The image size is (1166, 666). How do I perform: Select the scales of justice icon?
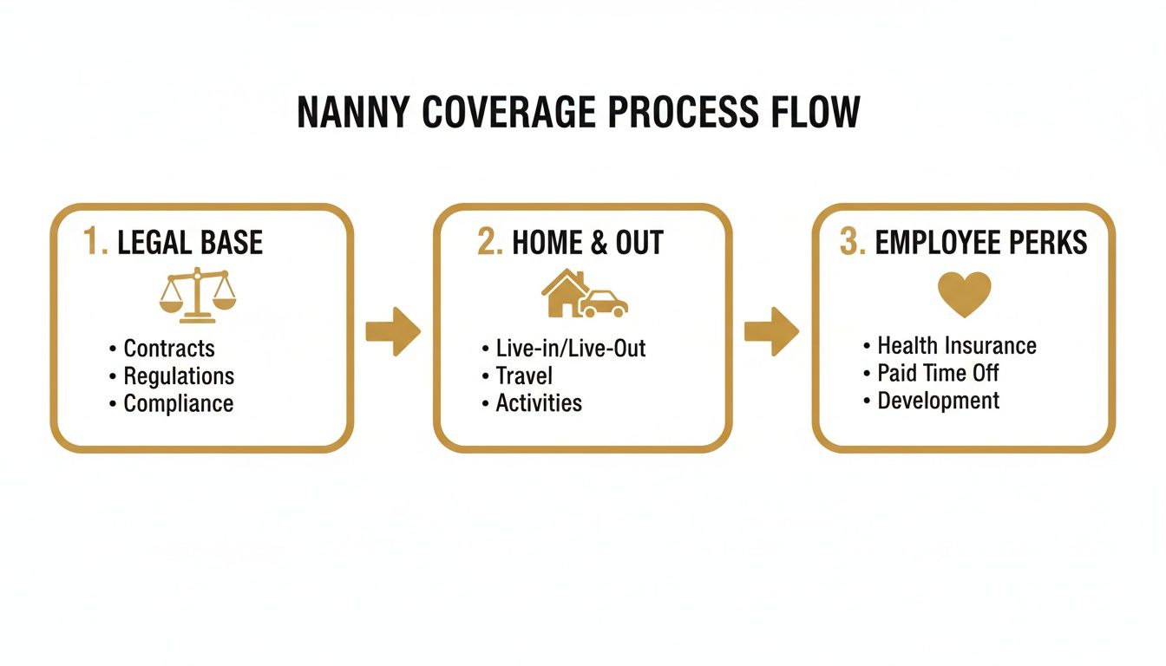(x=198, y=296)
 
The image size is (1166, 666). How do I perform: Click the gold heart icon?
(x=964, y=293)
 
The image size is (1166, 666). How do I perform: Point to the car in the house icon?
(x=604, y=304)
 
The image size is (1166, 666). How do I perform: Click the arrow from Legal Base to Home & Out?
(x=393, y=331)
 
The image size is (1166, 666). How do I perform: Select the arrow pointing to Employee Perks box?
(x=771, y=331)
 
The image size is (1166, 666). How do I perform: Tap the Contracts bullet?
(x=168, y=349)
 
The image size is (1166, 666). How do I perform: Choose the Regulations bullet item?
(x=178, y=376)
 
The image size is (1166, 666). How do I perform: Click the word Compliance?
(x=178, y=404)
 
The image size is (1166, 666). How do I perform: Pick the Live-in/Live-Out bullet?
(x=570, y=349)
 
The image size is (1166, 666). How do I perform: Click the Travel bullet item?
(x=523, y=376)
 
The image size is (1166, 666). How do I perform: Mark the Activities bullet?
(x=538, y=403)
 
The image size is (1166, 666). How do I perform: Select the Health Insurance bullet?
(x=956, y=346)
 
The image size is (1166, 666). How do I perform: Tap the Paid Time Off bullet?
(x=937, y=374)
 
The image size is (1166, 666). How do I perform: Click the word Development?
(x=938, y=402)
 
